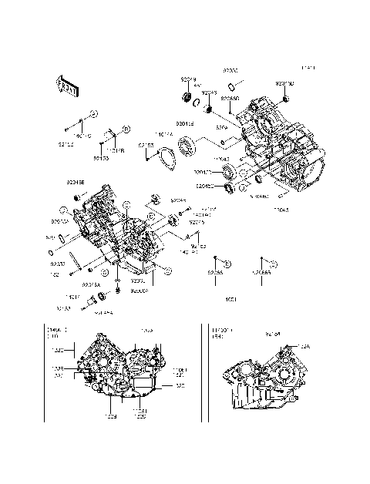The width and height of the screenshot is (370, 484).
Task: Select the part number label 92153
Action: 146,145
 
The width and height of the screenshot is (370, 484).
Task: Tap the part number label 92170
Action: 100,158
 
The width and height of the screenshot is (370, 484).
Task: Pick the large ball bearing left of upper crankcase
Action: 186,144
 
